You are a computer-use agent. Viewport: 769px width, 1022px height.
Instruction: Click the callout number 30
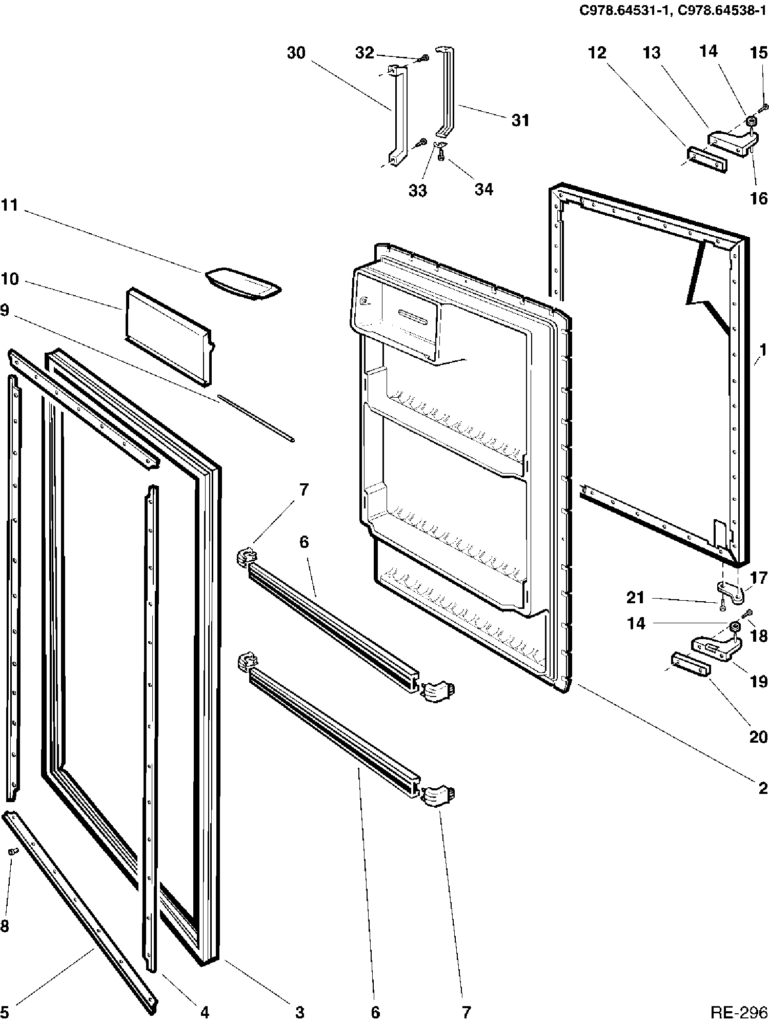[x=296, y=53]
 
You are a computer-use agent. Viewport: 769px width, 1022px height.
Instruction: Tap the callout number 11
[x=9, y=206]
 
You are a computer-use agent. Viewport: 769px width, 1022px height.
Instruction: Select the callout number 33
[x=418, y=191]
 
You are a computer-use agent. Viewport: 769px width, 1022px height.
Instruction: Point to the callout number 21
[x=636, y=597]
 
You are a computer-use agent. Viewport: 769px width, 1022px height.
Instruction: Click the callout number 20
[x=759, y=737]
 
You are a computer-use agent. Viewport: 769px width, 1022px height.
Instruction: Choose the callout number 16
[x=759, y=198]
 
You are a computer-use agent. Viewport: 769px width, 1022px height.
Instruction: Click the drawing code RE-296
[x=738, y=1012]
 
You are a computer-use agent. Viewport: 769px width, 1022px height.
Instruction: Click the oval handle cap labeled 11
[x=243, y=282]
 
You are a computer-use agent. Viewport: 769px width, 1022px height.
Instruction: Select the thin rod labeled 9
[x=254, y=417]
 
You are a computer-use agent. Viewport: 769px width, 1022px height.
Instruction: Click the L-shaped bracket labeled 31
[x=446, y=92]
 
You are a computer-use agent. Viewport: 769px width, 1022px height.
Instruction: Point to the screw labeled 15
[x=764, y=107]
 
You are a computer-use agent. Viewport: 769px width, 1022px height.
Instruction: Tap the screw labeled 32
[x=423, y=59]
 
